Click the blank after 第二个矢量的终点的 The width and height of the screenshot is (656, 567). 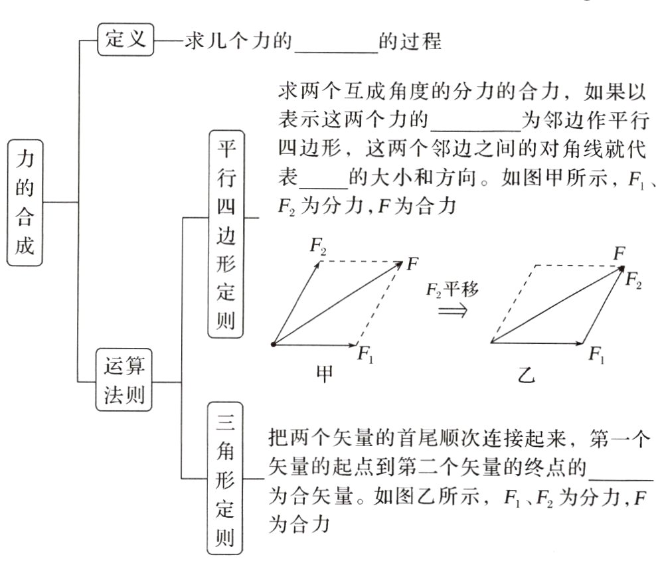click(x=621, y=470)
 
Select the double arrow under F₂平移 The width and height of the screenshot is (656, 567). click(x=453, y=311)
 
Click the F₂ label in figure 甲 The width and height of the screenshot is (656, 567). click(x=319, y=247)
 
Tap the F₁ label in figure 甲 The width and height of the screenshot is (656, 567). click(x=366, y=353)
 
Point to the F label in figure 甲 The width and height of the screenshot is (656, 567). click(x=412, y=264)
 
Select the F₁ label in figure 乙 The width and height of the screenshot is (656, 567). click(x=596, y=353)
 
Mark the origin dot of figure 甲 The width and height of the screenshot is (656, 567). click(x=274, y=344)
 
